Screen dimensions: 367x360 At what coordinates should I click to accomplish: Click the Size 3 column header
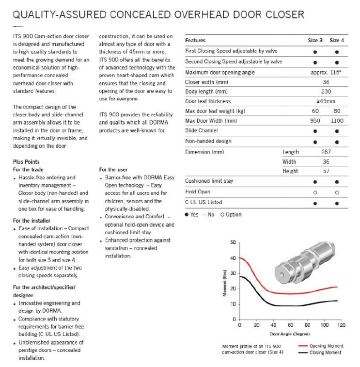point(315,40)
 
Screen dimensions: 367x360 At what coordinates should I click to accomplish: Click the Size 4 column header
point(337,40)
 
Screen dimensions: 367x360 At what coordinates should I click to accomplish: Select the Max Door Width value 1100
point(337,120)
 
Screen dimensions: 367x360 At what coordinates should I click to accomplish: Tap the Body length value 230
point(326,91)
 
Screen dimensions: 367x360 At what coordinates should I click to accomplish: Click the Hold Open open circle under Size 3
point(315,191)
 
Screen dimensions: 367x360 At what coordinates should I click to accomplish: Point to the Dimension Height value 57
point(326,171)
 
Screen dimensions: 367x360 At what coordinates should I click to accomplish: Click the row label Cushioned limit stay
point(209,181)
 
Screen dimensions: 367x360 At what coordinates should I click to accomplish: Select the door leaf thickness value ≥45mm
point(326,101)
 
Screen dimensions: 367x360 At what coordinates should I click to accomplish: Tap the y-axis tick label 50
point(233,242)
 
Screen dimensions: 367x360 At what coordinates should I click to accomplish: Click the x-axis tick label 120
point(342,325)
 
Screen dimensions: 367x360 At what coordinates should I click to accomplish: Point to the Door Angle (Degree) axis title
point(290,334)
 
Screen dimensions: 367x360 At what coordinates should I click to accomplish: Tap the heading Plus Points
point(27,162)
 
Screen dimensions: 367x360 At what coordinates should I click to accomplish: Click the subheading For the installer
point(31,221)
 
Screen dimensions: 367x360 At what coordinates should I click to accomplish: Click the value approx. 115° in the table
point(326,72)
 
